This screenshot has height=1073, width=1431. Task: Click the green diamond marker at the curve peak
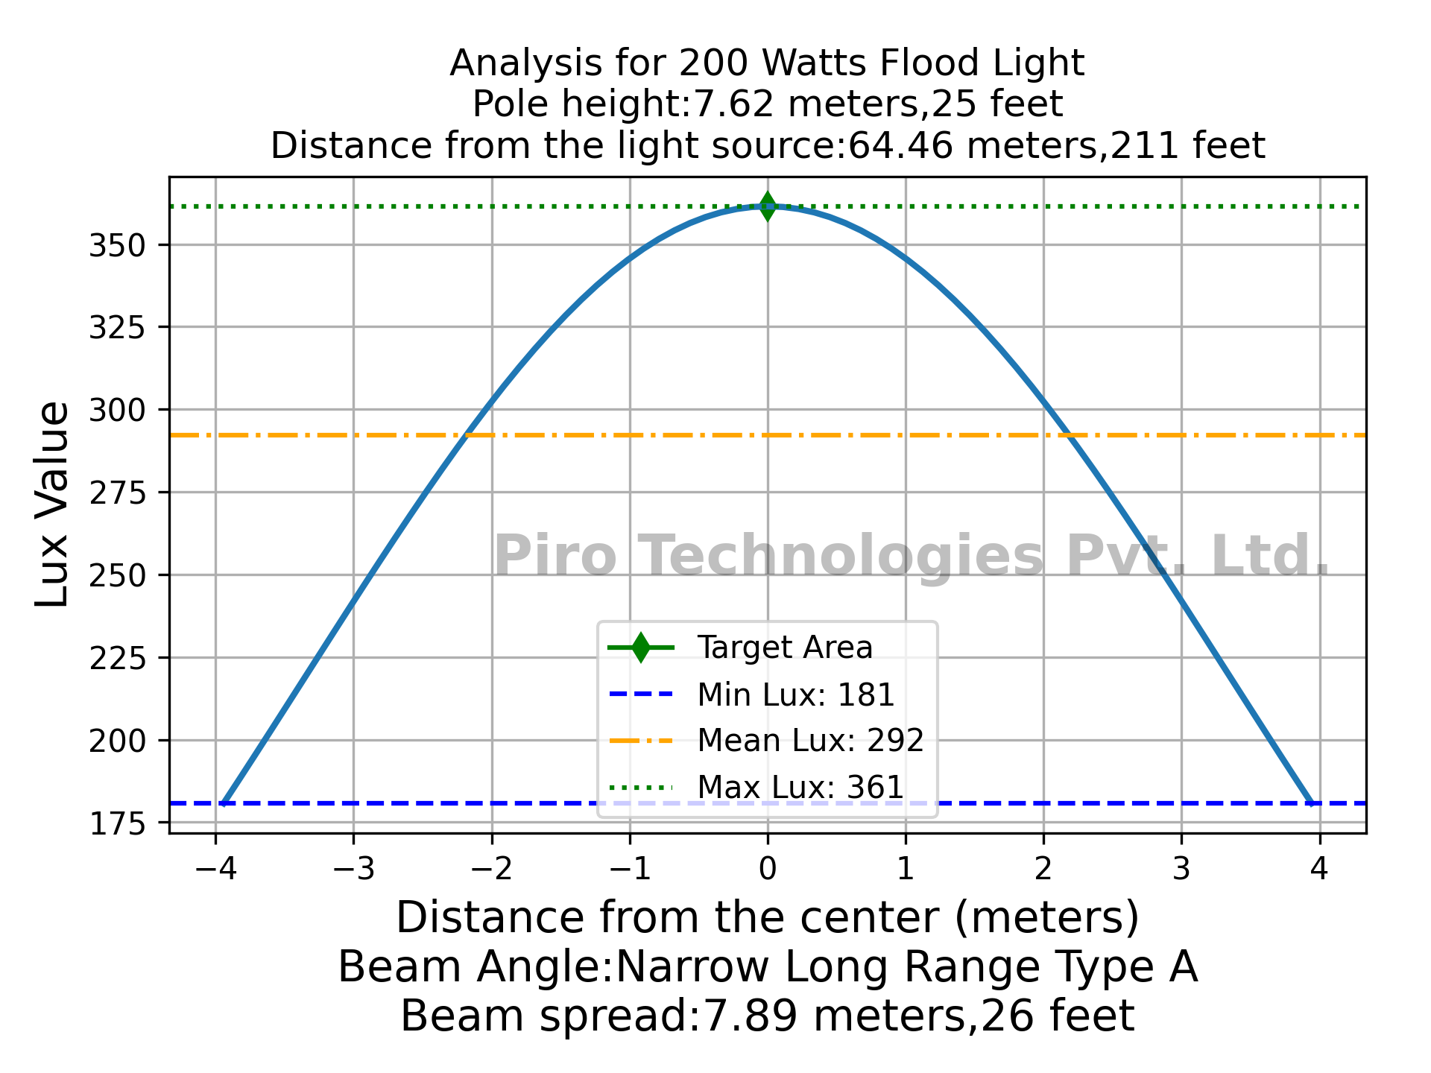point(767,206)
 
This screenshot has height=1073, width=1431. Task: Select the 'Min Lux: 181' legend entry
point(795,695)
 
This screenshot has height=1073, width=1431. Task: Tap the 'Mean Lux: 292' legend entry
point(810,741)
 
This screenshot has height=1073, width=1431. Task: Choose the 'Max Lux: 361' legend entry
point(800,787)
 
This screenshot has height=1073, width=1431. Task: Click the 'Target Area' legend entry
point(784,648)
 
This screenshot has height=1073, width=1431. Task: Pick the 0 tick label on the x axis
point(768,870)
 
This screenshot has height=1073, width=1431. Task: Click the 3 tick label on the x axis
point(1181,870)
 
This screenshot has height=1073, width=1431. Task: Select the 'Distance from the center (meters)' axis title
point(767,917)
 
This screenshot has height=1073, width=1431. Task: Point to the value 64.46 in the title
point(900,145)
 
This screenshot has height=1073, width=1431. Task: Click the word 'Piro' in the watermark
point(555,557)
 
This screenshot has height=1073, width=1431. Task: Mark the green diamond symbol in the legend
point(640,648)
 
